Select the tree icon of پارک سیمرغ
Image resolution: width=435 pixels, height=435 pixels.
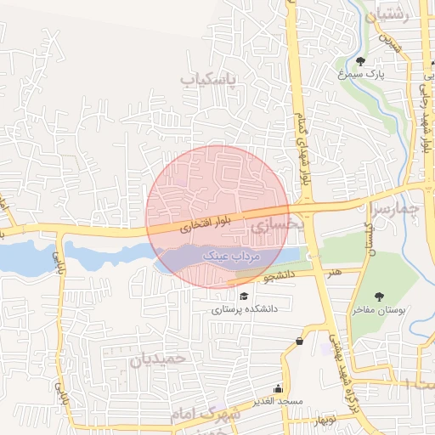(x=361, y=61)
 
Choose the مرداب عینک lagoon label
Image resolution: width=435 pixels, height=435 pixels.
(x=229, y=255)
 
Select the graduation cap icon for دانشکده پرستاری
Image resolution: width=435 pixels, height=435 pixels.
(x=245, y=296)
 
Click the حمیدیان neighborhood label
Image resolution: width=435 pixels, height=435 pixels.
(x=157, y=359)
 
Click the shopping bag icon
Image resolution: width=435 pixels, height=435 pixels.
(x=299, y=342)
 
